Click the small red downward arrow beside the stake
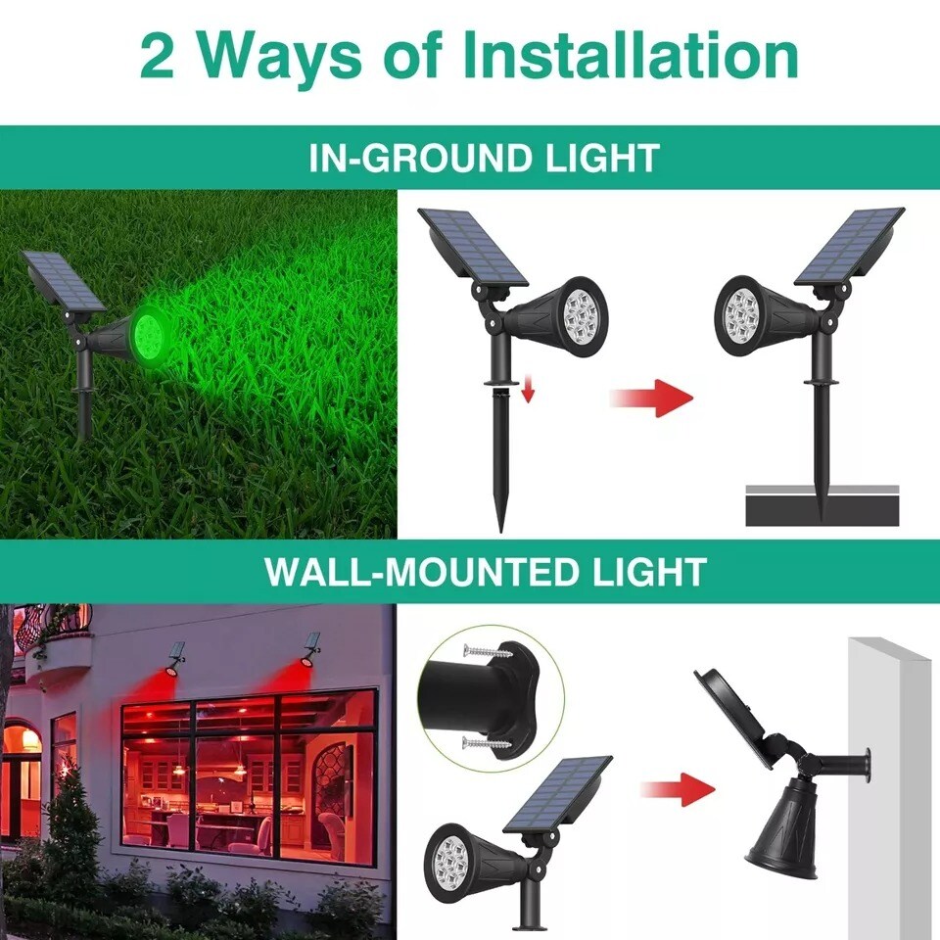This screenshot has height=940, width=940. (528, 392)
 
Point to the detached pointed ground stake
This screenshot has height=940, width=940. (501, 460)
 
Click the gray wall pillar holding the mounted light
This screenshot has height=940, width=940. (892, 783)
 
